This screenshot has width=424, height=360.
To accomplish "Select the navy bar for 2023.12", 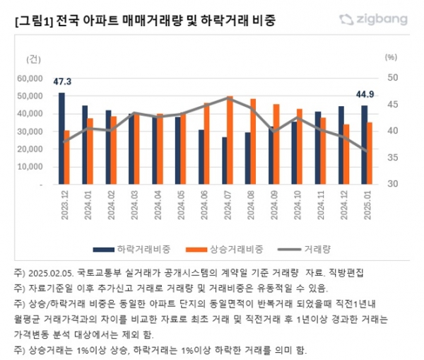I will pyautogui.click(x=61, y=138).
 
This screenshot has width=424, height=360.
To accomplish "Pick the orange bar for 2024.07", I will pyautogui.click(x=230, y=139).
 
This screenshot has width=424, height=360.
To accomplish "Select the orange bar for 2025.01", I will pyautogui.click(x=370, y=153).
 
